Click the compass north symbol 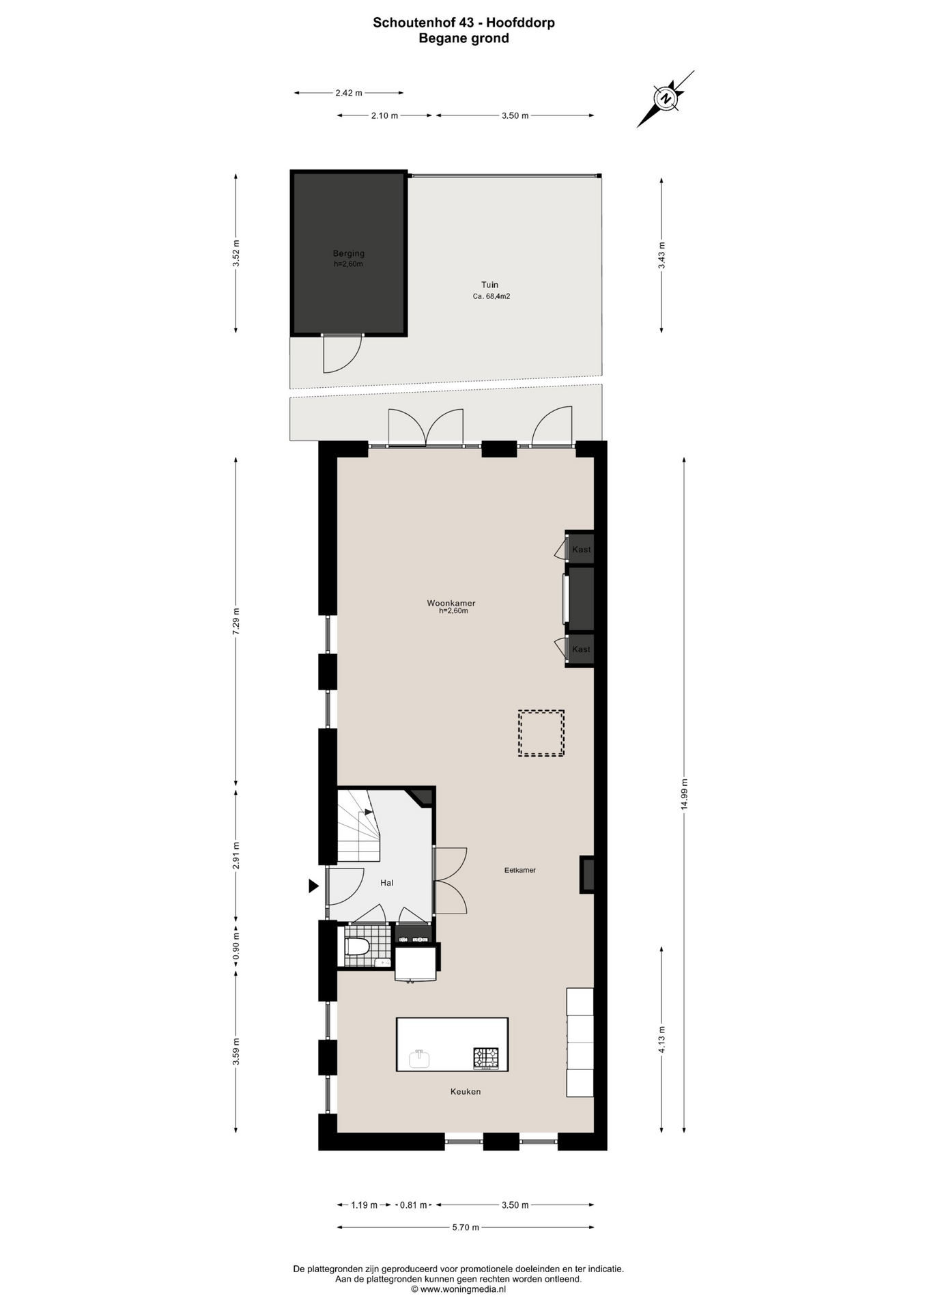click(x=666, y=98)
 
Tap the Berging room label click(x=348, y=254)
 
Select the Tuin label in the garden click(x=489, y=285)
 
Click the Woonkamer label click(x=451, y=603)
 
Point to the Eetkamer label click(x=520, y=870)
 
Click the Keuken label click(x=466, y=1091)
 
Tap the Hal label click(x=387, y=883)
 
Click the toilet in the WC click(x=357, y=946)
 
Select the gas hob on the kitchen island click(x=486, y=1058)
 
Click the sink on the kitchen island click(x=419, y=1058)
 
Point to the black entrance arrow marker click(x=313, y=886)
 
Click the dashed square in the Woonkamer click(x=541, y=733)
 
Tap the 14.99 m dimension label click(x=684, y=793)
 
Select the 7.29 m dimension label click(x=236, y=621)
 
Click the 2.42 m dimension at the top click(x=349, y=93)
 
